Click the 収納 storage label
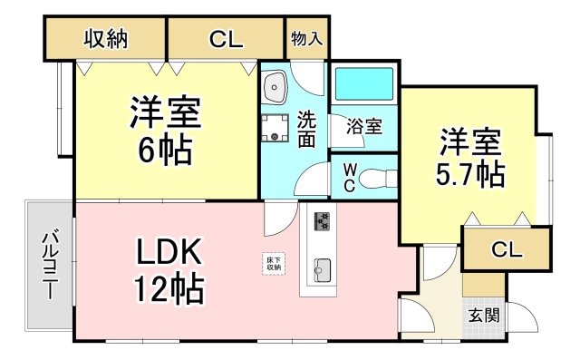click(x=105, y=39)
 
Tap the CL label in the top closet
click(x=226, y=39)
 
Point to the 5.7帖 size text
click(x=471, y=172)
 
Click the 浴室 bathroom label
click(x=363, y=127)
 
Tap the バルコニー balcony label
click(x=48, y=268)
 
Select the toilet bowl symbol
click(x=373, y=179)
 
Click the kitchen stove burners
click(x=324, y=220)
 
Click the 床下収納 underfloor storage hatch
click(x=273, y=263)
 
